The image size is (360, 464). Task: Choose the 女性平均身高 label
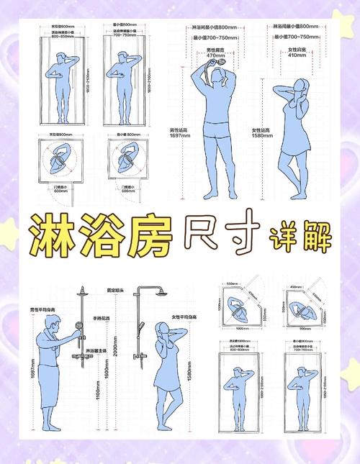point(186,317)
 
